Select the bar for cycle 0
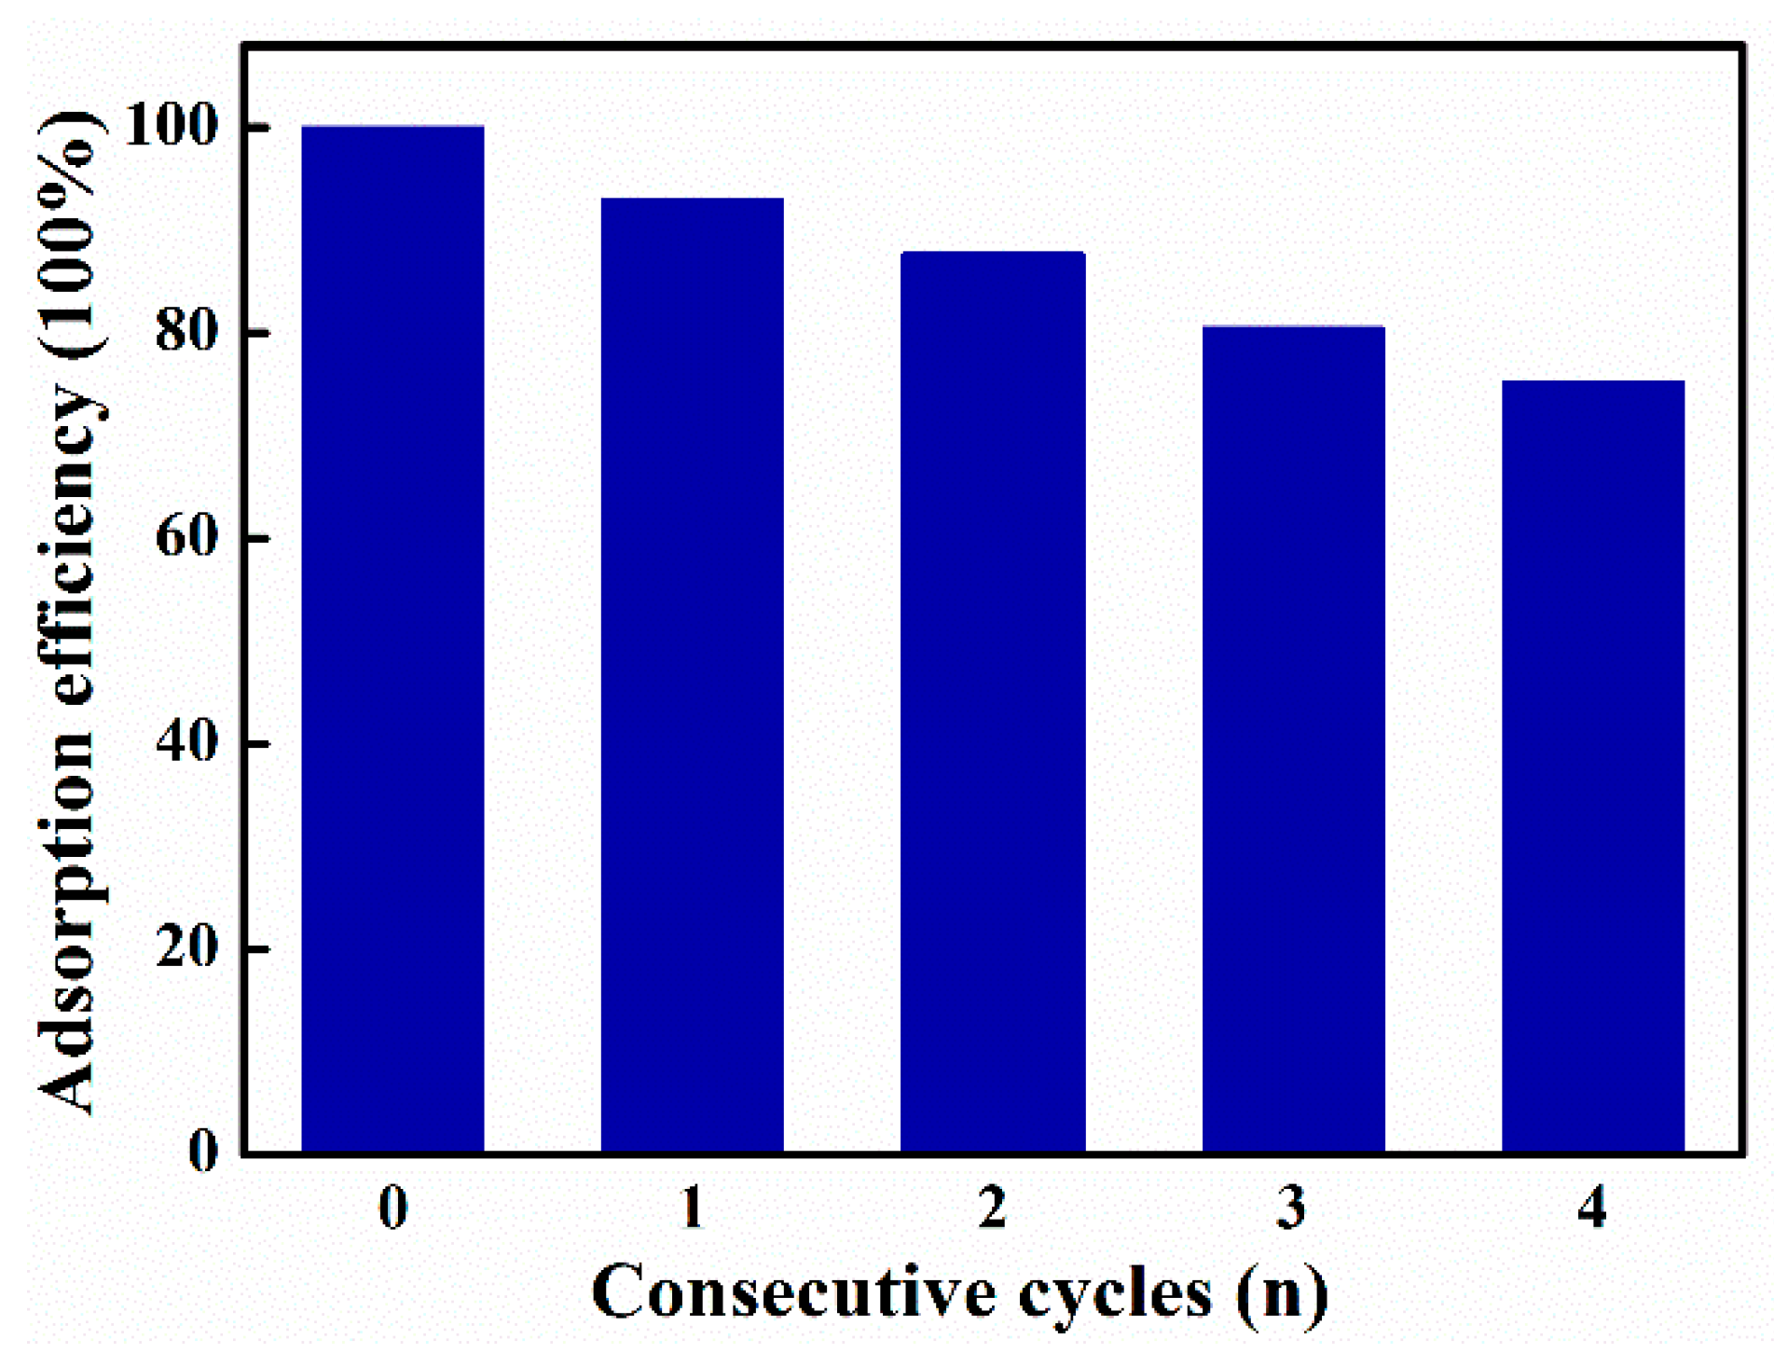[x=392, y=640]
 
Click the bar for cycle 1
[x=692, y=676]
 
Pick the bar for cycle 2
[x=992, y=702]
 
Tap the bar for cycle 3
[x=1293, y=739]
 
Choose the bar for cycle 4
[x=1593, y=766]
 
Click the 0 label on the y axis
[x=203, y=1152]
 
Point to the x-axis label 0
[x=392, y=1208]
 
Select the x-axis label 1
[x=692, y=1208]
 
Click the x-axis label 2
[x=992, y=1208]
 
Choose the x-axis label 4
[x=1592, y=1208]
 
